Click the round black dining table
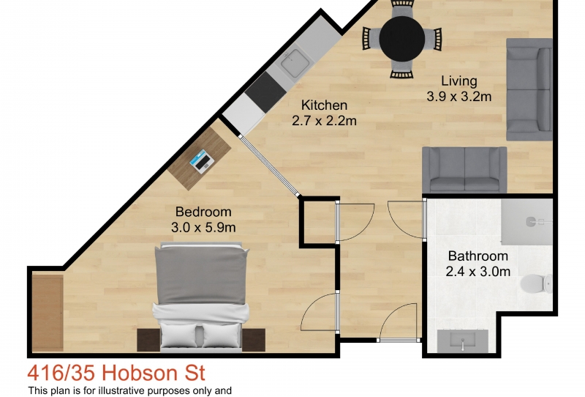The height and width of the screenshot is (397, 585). [401, 38]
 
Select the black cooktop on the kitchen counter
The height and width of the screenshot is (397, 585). [266, 92]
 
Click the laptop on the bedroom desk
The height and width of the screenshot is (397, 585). [202, 161]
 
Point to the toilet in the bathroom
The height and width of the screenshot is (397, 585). [537, 283]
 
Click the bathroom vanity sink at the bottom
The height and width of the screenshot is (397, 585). [463, 341]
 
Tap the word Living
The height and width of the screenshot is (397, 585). [459, 81]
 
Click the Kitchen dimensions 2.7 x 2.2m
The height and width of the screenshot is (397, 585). [324, 121]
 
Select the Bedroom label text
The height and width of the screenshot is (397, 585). [203, 212]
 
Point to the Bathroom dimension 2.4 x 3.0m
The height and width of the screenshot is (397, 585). [478, 272]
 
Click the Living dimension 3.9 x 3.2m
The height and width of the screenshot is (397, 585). [459, 97]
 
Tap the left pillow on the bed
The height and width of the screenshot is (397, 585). [178, 335]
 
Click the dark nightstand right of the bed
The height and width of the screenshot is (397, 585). [254, 340]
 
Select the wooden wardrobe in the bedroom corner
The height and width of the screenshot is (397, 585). [48, 313]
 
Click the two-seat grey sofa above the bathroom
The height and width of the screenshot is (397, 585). [464, 170]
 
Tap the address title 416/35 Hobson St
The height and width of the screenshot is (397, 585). [116, 373]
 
